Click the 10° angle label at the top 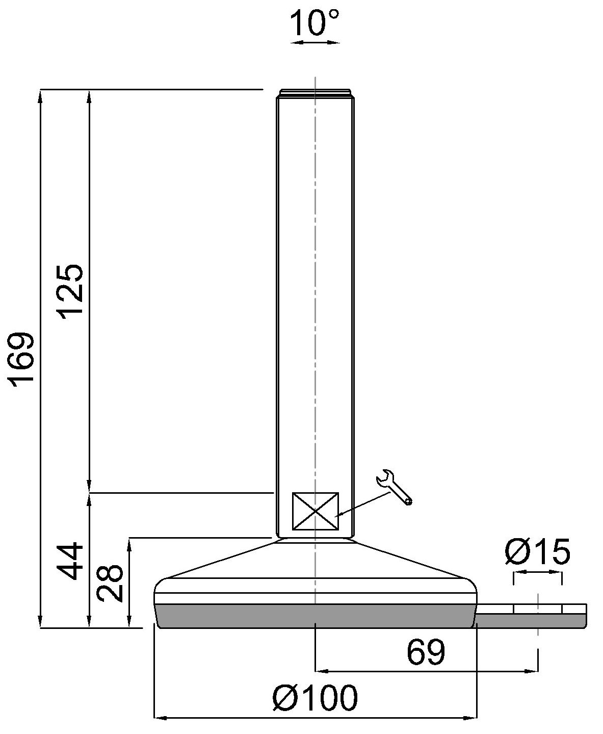[x=314, y=23]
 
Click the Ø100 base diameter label [x=315, y=698]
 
